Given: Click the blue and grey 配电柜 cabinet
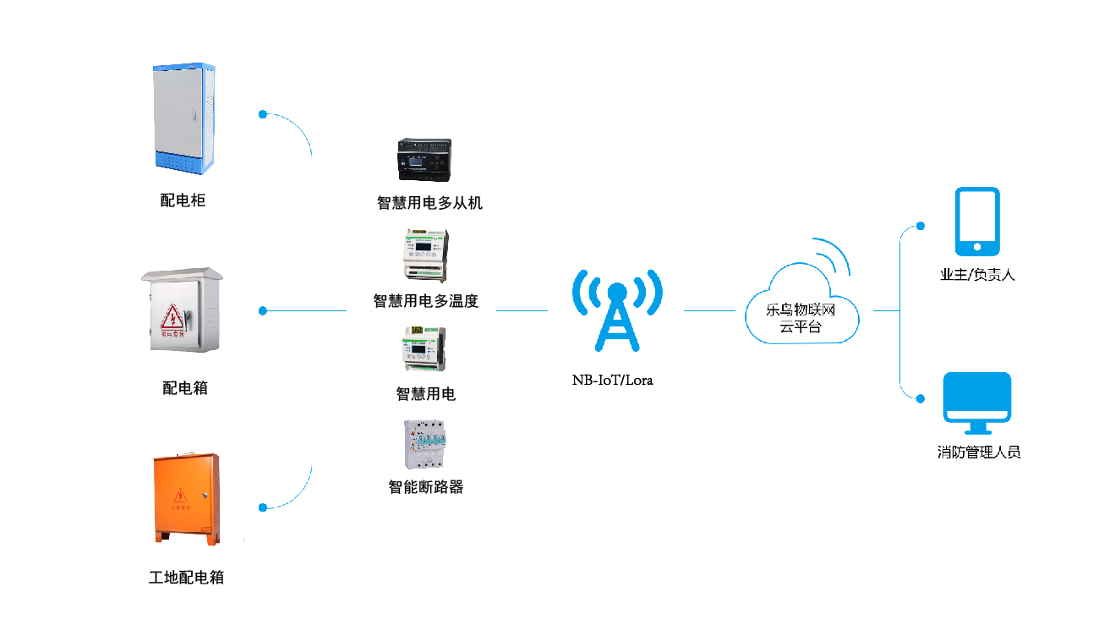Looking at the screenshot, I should (x=183, y=119).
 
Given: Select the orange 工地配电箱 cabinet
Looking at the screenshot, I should (x=186, y=497).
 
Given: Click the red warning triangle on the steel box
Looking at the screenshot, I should (x=172, y=317).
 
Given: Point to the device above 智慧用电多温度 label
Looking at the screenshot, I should (x=425, y=255).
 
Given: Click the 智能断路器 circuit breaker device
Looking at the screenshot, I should (x=425, y=445).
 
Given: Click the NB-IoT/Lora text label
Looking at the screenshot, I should (x=613, y=381).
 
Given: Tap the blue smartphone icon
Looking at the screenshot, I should (x=977, y=221).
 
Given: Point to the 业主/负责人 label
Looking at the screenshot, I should (x=977, y=275).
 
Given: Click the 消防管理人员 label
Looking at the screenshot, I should (x=979, y=452).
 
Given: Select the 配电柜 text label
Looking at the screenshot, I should (x=183, y=200).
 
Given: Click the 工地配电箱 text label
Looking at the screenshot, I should (x=186, y=578).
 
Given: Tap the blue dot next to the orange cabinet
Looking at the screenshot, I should (x=263, y=507).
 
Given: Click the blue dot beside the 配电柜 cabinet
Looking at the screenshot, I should (x=263, y=113).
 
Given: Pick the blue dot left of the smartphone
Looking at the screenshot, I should (x=921, y=226).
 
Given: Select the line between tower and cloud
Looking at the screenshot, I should (x=708, y=310).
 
